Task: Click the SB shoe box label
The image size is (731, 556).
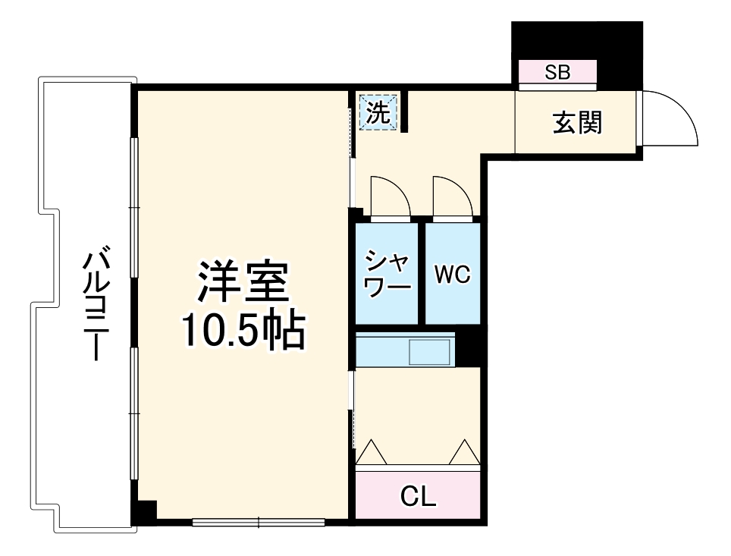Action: [x=557, y=73]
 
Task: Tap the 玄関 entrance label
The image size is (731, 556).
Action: [x=577, y=122]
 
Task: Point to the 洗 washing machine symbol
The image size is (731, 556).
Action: [x=378, y=112]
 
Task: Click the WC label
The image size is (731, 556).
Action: [x=452, y=275]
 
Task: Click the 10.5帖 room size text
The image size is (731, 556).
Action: [x=243, y=330]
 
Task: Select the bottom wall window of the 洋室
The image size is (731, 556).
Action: [x=259, y=522]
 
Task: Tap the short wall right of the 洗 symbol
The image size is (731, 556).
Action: [x=404, y=112]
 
